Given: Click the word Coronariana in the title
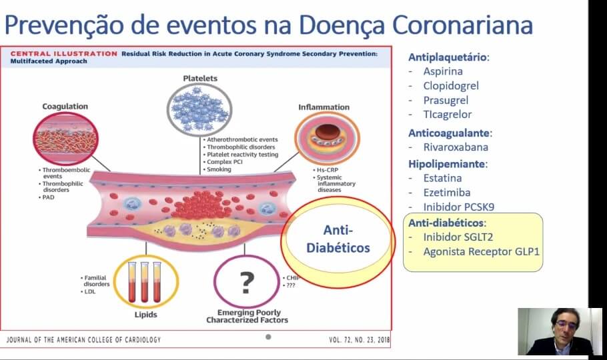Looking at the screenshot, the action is point(463,25).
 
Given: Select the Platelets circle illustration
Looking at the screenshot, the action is point(199,109).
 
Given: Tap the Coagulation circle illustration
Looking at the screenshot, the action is point(65,139).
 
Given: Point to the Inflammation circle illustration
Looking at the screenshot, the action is point(327,139).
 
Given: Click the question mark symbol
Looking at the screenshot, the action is point(247,282).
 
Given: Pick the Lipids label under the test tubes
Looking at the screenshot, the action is point(146,315).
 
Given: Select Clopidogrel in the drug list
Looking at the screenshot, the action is point(451,86).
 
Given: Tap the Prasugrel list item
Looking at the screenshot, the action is point(446,100).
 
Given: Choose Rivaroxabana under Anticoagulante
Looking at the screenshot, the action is point(456,147).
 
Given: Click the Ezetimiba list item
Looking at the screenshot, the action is point(447,193).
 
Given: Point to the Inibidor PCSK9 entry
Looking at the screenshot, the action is point(459,207).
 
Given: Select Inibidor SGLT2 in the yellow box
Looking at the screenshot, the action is point(458,237).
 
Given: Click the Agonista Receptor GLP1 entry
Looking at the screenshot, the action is point(481,251).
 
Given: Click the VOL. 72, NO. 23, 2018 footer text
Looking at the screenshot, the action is point(360,340).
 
